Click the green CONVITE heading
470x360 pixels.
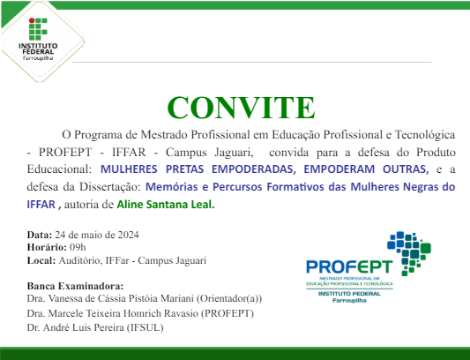241,107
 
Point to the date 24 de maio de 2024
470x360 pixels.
96,235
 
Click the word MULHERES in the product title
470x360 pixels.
131,168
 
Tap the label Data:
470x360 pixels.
40,235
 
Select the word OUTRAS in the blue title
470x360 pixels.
405,168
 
